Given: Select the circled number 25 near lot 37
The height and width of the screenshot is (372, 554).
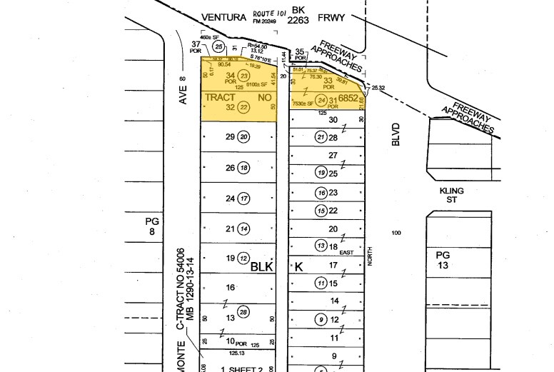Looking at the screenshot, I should (219, 46).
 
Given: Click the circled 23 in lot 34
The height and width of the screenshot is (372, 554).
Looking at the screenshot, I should (244, 76).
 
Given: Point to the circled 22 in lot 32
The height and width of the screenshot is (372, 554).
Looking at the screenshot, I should (244, 107).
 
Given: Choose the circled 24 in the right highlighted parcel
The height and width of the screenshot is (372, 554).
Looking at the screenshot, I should (322, 100).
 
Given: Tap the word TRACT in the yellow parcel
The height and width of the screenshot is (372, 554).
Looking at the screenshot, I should (220, 96).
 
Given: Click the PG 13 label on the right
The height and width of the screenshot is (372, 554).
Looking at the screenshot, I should (444, 260).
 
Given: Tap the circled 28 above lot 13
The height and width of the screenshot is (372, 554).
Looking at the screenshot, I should (244, 311).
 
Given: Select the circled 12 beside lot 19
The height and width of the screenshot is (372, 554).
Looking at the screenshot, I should (244, 258).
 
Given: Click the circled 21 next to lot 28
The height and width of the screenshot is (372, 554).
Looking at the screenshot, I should (322, 137).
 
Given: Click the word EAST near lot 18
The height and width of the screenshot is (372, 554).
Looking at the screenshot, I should (346, 253).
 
